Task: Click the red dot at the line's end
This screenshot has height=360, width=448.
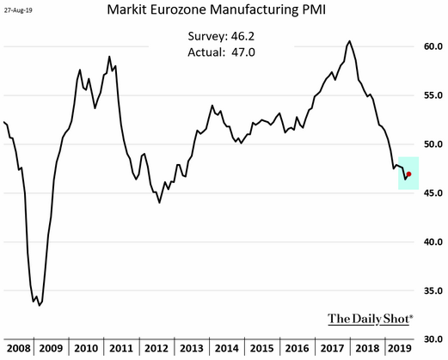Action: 409,174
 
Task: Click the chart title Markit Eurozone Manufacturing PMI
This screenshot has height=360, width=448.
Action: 217,9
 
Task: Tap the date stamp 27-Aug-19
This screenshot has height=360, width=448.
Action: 18,10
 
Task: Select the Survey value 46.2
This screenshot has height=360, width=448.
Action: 242,36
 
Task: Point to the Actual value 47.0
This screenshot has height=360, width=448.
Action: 243,52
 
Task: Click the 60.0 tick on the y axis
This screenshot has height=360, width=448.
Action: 433,46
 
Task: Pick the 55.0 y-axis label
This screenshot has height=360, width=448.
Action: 433,95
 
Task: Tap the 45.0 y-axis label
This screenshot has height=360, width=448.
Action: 433,193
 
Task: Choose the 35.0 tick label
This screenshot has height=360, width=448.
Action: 433,290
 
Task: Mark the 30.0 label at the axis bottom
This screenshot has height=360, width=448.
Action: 433,339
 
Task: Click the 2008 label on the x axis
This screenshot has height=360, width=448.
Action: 19,348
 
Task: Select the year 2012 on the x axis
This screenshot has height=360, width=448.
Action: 156,348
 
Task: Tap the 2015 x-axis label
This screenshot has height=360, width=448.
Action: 262,348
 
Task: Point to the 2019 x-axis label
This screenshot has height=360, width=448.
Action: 400,348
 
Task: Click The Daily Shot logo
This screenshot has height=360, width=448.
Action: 371,319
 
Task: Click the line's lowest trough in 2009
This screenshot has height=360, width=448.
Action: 40,306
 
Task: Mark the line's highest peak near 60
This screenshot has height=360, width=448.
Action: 349,41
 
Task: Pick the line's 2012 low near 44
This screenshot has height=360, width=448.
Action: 159,203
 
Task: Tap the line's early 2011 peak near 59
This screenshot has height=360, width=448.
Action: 109,57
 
